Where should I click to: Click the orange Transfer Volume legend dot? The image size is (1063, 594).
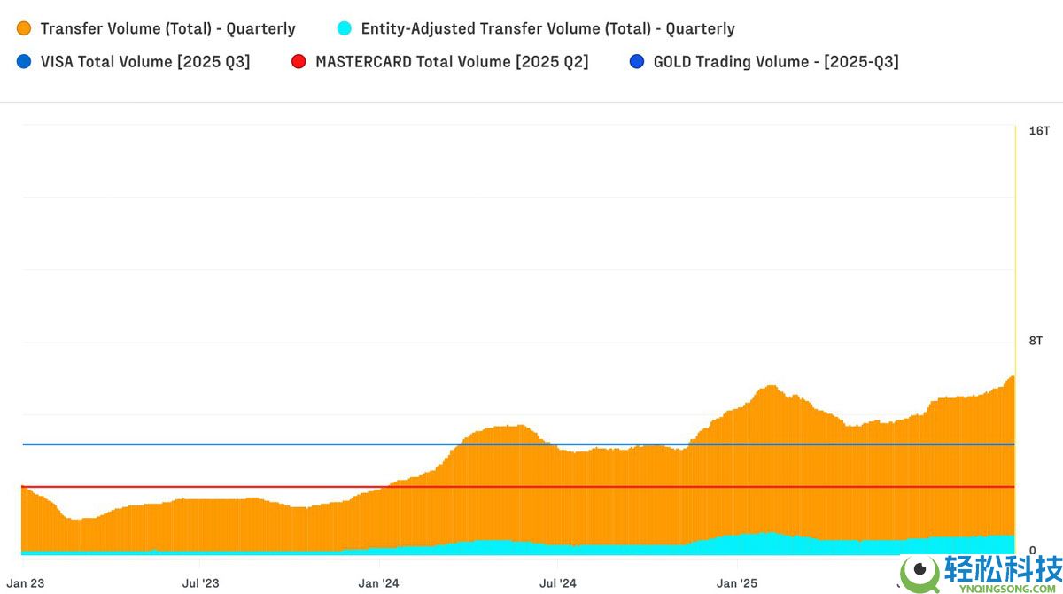(24, 28)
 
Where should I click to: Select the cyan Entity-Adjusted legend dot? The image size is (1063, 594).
(345, 28)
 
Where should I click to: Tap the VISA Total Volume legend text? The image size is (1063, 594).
(145, 62)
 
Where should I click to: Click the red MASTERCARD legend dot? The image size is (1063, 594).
(299, 62)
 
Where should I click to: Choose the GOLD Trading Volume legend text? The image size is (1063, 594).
(776, 62)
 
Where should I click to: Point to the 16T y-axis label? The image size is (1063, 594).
(1038, 131)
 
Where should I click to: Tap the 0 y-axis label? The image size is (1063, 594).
(1033, 551)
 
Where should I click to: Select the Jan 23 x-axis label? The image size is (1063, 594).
(26, 583)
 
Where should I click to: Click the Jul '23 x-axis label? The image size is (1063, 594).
(200, 583)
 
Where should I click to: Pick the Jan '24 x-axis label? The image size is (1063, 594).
(379, 583)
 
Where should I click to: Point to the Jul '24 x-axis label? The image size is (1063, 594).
(558, 583)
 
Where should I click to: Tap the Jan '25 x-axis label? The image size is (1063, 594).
(737, 583)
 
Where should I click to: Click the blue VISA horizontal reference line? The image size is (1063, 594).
(266, 444)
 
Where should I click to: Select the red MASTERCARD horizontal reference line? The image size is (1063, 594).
(221, 487)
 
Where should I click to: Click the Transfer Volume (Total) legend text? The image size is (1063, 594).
(168, 28)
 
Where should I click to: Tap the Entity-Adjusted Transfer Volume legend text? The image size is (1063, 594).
(548, 28)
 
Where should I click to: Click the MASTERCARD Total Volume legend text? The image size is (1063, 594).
(452, 62)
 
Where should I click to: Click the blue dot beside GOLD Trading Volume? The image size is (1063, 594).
(637, 62)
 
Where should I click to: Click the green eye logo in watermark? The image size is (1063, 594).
(921, 571)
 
